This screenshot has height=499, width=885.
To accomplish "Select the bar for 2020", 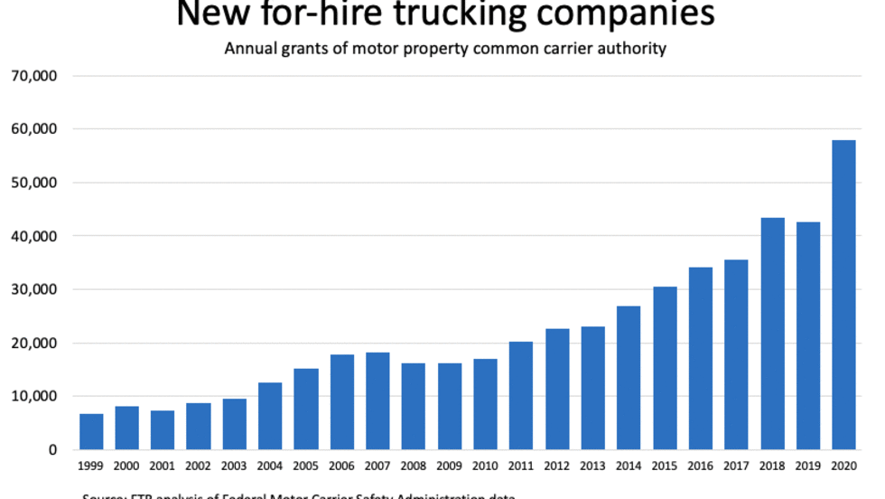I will click(x=843, y=295).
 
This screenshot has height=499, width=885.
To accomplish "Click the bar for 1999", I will click(x=91, y=431).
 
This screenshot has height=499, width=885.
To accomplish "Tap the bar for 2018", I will click(x=772, y=334).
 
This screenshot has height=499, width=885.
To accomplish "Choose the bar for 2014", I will click(x=629, y=377).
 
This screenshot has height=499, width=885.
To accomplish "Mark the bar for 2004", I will click(x=270, y=416).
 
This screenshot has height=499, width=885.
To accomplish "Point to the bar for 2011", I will click(x=521, y=395).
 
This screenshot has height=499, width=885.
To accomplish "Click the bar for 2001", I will click(x=163, y=429).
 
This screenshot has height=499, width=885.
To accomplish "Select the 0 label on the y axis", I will click(x=53, y=449).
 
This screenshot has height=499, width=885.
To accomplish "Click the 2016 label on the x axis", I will click(x=700, y=467).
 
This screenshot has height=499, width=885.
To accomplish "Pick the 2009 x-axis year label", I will click(x=449, y=467).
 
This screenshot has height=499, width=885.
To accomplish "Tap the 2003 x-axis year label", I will click(x=234, y=467).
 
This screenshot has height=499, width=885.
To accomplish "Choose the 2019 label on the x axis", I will click(x=807, y=467).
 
